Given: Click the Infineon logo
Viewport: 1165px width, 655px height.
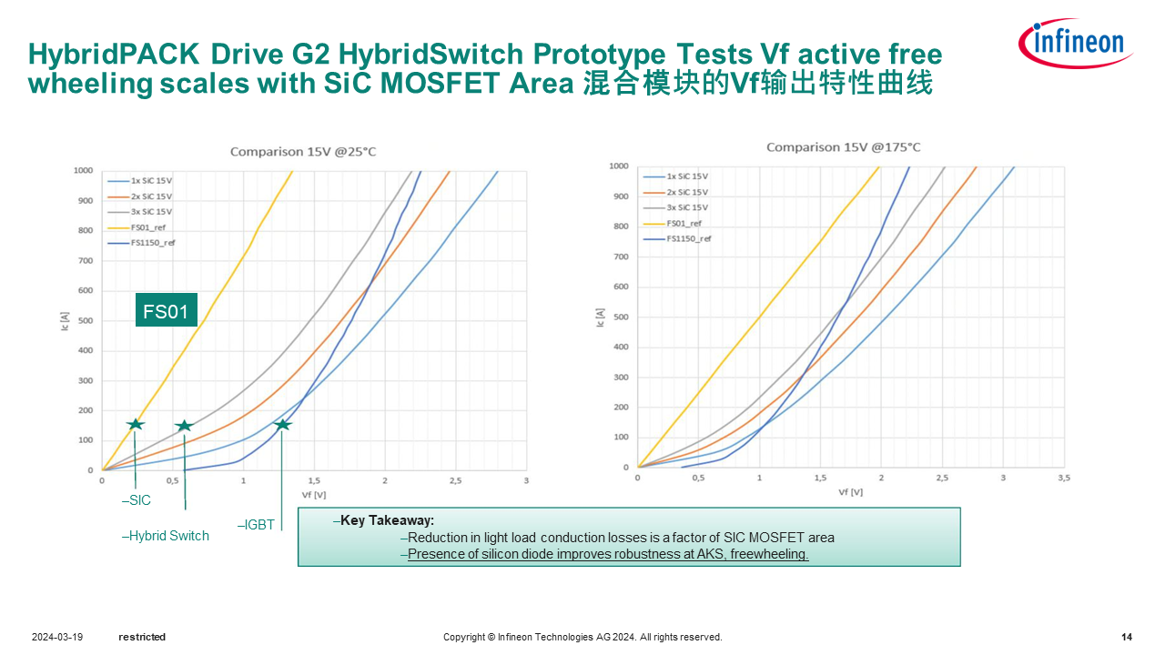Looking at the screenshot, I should pos(1076,43).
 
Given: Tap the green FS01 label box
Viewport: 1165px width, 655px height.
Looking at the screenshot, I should pos(166,312).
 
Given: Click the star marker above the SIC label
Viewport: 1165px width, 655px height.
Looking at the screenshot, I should pos(136,424).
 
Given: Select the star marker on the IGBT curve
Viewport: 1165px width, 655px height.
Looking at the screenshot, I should pos(282,425).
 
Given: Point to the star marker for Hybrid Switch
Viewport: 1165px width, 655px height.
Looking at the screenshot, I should pos(184,426).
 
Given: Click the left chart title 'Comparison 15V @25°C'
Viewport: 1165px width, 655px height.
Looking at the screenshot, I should pos(302,151).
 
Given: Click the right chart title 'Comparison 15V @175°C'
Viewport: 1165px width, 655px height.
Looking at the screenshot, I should pos(843,146).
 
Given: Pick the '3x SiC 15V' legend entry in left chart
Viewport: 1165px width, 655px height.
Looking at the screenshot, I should pos(151,212).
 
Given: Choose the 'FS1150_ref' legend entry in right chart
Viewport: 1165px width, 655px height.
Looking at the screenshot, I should pos(688,238).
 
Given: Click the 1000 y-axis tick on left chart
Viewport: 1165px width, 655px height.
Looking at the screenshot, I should pos(84,170).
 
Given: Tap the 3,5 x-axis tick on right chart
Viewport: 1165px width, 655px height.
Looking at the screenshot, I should pos(1063,478).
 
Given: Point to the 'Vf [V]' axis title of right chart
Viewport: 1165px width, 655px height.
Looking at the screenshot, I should pos(850,492).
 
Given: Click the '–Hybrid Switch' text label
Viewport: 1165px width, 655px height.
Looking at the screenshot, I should pos(166,536).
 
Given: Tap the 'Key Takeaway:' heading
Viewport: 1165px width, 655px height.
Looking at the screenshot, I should pos(384,520).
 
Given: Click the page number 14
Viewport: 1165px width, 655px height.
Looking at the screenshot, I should pos(1127,637).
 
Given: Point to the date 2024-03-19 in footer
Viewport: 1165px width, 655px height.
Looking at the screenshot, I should pos(57,637).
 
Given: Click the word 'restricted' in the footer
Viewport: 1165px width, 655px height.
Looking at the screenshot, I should pos(142,637).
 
